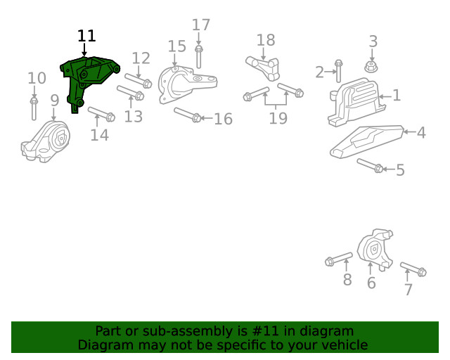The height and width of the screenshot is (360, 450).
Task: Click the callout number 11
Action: (86, 36)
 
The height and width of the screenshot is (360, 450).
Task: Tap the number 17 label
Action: (201, 25)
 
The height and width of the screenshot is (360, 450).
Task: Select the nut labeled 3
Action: (372, 67)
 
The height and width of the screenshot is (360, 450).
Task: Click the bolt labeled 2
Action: (339, 71)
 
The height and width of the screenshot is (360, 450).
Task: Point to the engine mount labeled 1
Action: (355, 104)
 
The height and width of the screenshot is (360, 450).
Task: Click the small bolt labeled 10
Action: (34, 109)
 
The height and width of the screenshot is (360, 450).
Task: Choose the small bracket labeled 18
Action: (262, 66)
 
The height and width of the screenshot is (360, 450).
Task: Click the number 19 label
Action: (278, 118)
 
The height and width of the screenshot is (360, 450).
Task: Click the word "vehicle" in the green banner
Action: (342, 345)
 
